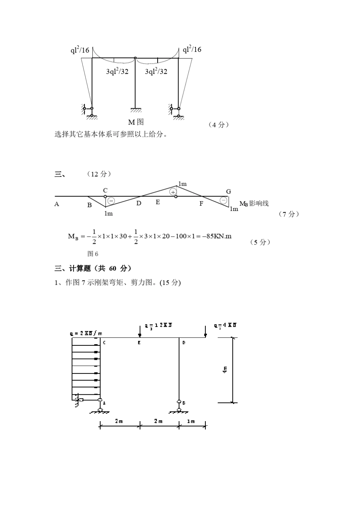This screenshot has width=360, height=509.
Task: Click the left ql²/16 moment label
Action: (x=80, y=50)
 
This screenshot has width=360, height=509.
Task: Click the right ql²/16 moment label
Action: (x=192, y=49)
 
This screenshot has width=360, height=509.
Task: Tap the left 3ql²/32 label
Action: (x=117, y=71)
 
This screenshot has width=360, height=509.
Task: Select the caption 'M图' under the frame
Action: (x=136, y=122)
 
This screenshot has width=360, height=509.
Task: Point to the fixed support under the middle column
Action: (x=136, y=110)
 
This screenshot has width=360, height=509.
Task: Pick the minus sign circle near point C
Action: (x=111, y=201)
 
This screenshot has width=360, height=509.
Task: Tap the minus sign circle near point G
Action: (x=224, y=200)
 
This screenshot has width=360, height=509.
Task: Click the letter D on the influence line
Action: (x=139, y=203)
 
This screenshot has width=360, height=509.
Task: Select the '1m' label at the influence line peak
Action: (x=182, y=184)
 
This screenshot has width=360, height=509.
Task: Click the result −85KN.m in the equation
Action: (x=216, y=236)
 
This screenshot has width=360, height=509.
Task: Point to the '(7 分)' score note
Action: (x=289, y=214)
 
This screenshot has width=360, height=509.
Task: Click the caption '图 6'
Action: (x=93, y=254)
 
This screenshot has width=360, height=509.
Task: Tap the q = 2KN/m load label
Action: (x=86, y=333)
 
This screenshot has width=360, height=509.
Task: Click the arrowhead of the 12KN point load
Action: (x=140, y=335)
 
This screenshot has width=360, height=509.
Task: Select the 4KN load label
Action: (x=225, y=325)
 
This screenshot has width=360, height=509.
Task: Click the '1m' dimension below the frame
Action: (x=191, y=421)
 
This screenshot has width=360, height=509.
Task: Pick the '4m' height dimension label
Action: (x=225, y=369)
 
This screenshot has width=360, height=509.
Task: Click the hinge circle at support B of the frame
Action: (x=179, y=401)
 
